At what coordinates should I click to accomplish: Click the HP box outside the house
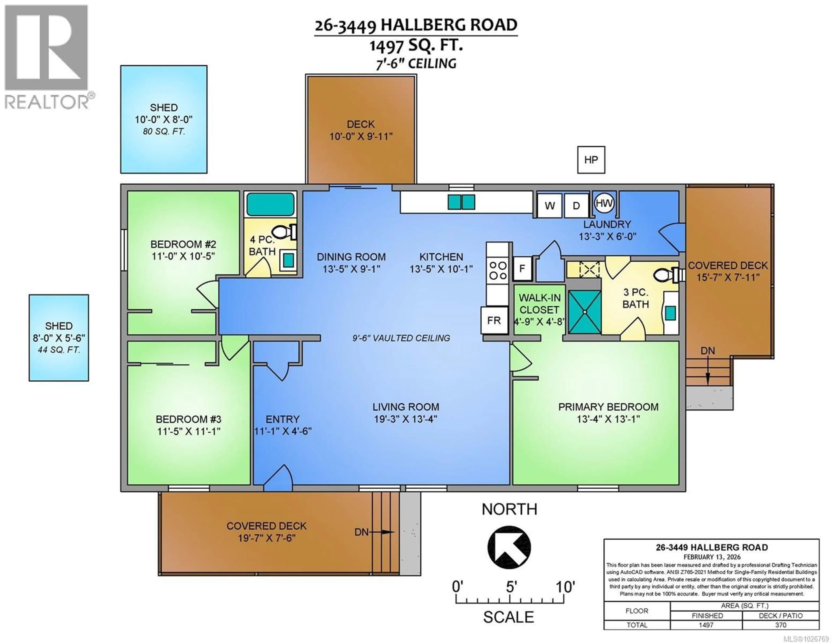591,160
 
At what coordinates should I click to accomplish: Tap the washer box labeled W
549,206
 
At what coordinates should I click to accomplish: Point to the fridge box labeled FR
494,320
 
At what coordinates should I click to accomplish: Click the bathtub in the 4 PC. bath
270,204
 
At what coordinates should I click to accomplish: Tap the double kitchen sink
461,202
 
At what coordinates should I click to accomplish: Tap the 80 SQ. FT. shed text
164,132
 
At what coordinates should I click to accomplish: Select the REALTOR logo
47,57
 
